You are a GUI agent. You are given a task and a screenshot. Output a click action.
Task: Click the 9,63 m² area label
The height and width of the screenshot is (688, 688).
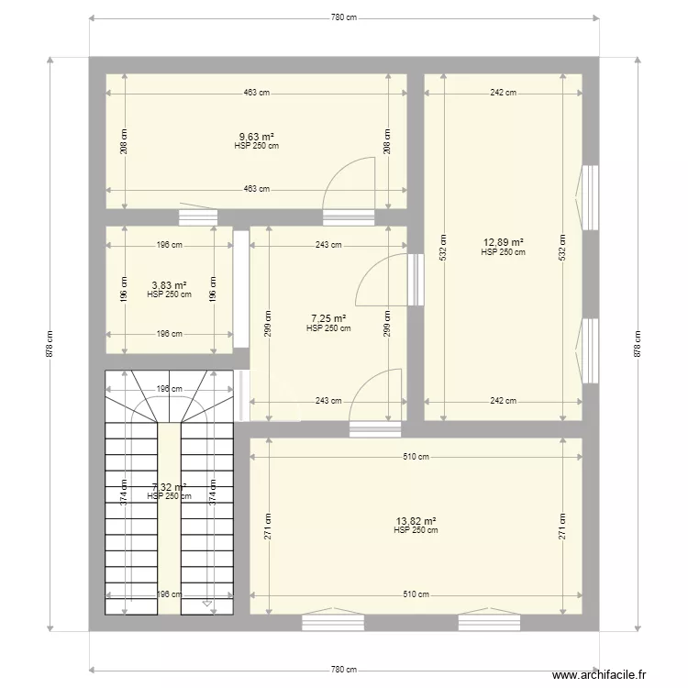pyautogui.click(x=256, y=138)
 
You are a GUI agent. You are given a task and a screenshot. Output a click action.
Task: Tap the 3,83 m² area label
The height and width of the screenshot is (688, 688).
pyautogui.click(x=169, y=285)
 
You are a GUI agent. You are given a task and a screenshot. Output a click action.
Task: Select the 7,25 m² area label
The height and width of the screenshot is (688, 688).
pyautogui.click(x=328, y=318)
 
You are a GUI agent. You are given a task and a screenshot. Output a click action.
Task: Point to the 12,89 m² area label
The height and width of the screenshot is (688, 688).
pyautogui.click(x=503, y=243)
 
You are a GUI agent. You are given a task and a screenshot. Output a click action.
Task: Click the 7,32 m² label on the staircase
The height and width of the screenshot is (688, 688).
pyautogui.click(x=169, y=488)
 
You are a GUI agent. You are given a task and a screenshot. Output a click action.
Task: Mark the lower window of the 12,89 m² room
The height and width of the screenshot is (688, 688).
pyautogui.click(x=591, y=350)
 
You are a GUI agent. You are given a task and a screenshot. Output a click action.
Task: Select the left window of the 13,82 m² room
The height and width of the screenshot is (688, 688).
pyautogui.click(x=334, y=623)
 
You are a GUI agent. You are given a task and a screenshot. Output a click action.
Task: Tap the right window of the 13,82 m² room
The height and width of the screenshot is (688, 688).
pyautogui.click(x=490, y=623)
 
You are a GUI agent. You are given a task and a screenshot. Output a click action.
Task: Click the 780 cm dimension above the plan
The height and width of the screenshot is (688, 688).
pyautogui.click(x=344, y=17)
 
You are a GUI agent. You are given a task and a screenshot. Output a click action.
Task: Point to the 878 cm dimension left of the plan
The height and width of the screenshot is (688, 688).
pyautogui.click(x=50, y=344)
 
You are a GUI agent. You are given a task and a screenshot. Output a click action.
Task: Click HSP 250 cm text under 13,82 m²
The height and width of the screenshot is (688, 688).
pyautogui.click(x=416, y=530)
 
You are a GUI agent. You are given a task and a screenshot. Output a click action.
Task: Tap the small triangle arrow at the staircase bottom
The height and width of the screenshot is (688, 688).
pyautogui.click(x=208, y=604)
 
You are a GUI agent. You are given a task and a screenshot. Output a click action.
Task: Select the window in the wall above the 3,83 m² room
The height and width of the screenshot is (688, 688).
pyautogui.click(x=196, y=217)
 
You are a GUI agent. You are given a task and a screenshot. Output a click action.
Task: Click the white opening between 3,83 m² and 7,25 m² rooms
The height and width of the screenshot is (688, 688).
pyautogui.click(x=241, y=288)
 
